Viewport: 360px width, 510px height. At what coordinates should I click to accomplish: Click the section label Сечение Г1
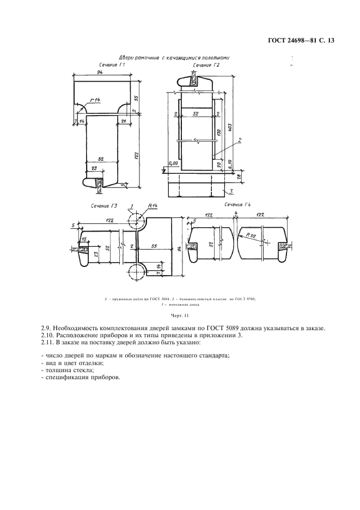(109, 65)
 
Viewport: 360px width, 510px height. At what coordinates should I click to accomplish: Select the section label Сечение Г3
(105, 206)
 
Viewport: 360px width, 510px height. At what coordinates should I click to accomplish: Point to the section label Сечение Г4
(237, 205)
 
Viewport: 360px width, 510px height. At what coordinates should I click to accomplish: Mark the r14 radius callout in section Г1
(96, 99)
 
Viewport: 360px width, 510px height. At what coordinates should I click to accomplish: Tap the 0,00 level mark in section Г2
(174, 163)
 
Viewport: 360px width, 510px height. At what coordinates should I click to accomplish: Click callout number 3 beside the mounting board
(231, 191)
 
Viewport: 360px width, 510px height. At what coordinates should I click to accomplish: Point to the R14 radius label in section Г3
(152, 206)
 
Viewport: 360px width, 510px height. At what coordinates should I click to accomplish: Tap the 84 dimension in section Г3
(180, 250)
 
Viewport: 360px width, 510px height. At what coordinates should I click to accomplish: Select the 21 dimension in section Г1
(124, 120)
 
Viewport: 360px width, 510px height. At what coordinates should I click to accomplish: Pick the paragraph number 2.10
(50, 335)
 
